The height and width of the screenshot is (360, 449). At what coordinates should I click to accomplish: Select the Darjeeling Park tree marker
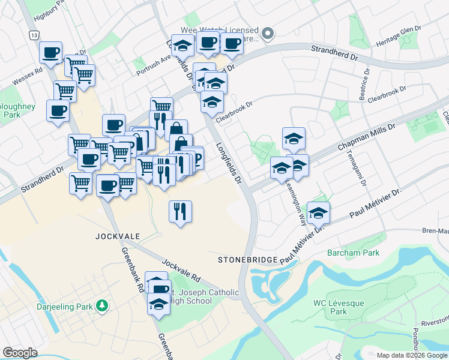[x=103, y=307]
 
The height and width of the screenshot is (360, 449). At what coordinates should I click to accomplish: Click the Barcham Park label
[x=353, y=253]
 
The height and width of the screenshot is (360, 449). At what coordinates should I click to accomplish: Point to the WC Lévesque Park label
[x=339, y=307]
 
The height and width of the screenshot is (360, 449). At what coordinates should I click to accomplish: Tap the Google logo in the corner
[x=20, y=353]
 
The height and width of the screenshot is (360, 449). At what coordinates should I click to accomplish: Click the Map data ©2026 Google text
[x=411, y=355]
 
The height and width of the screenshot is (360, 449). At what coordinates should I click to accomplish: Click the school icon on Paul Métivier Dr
[x=318, y=213]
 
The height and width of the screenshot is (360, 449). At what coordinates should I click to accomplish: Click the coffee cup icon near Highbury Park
[x=51, y=52]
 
